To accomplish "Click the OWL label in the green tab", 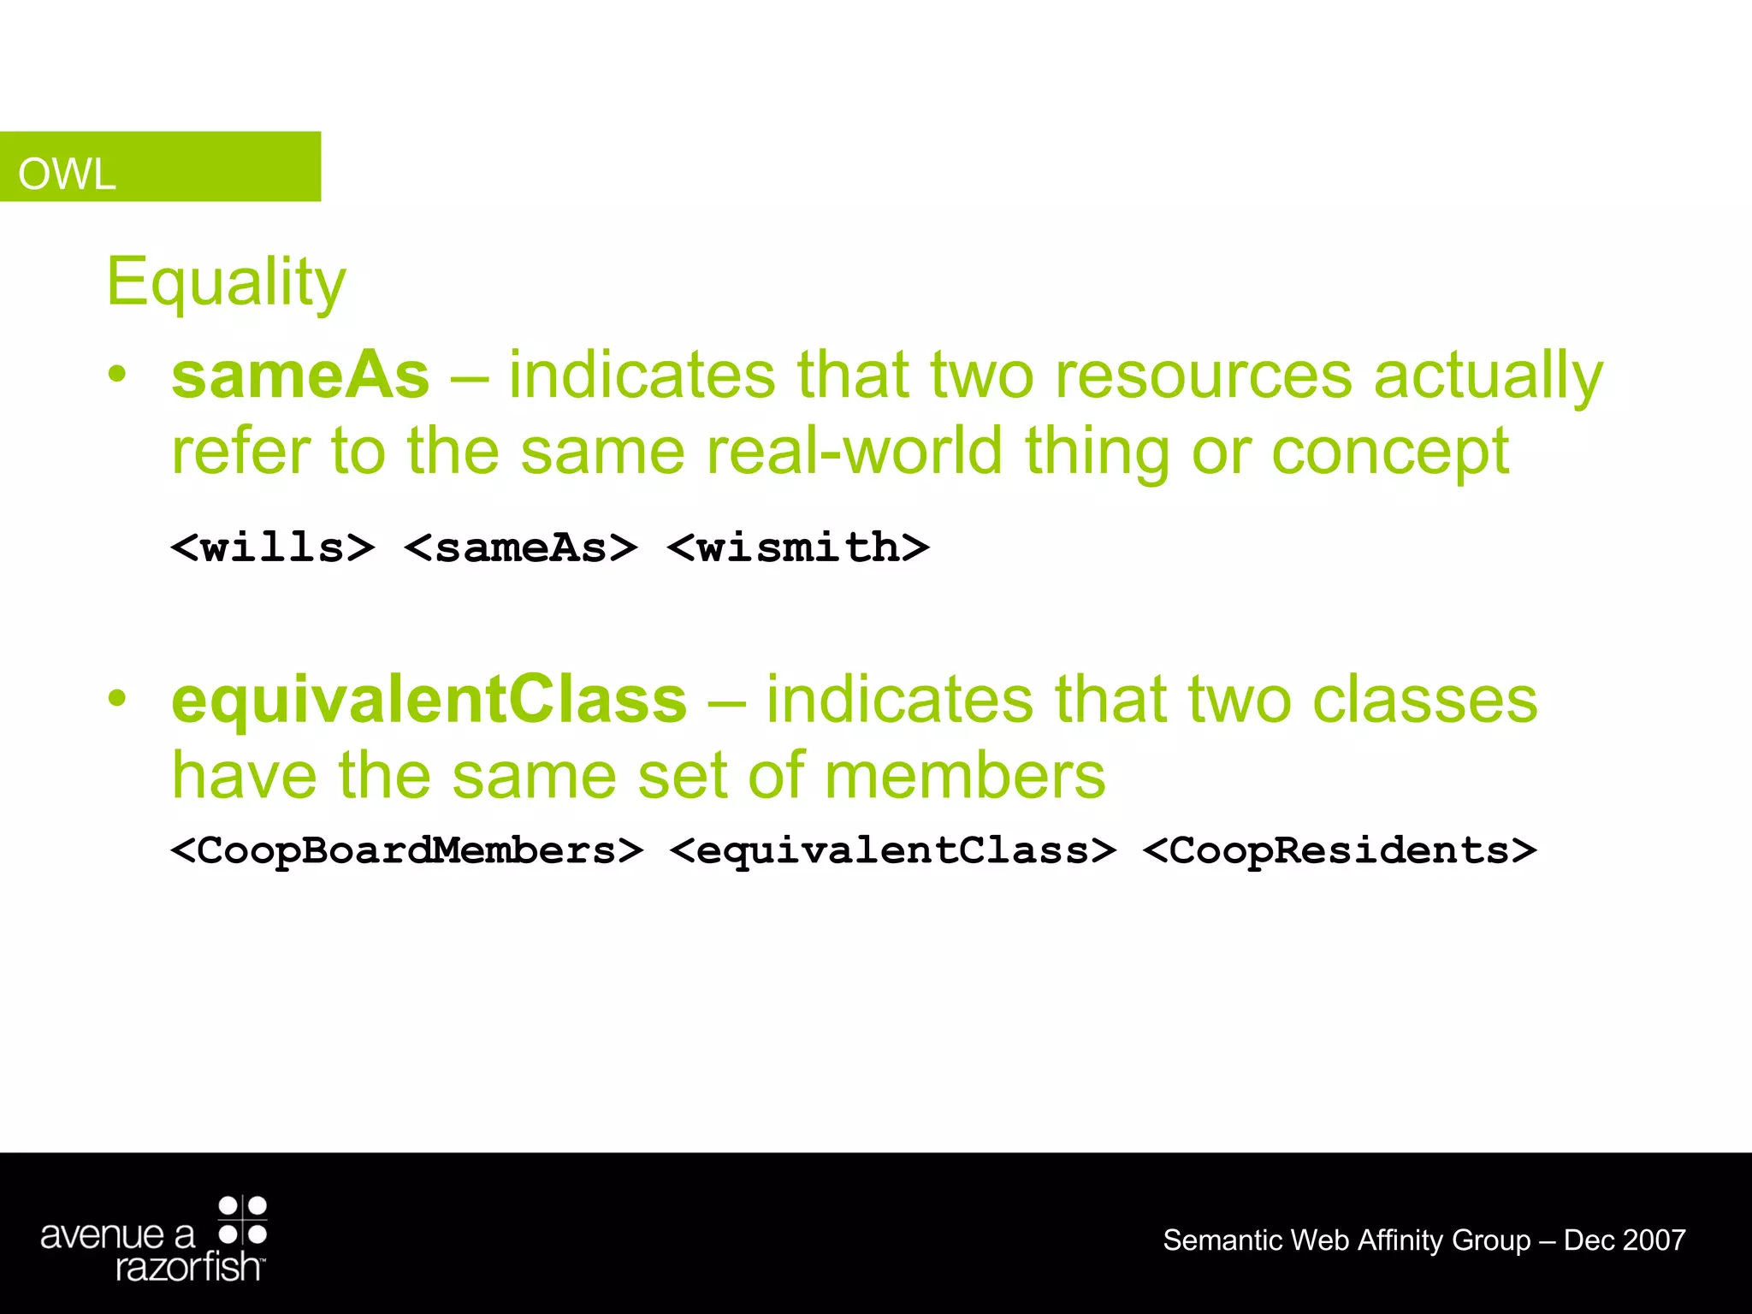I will click(x=67, y=175).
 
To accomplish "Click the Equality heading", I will click(x=226, y=282).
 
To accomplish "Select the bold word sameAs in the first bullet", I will click(x=300, y=376).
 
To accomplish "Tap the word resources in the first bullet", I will click(x=1203, y=376).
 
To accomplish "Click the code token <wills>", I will click(x=273, y=547).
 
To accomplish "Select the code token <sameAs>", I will click(x=521, y=547).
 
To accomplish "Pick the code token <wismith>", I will click(x=797, y=547).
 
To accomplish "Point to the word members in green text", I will click(x=965, y=775).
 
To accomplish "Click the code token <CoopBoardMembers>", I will click(x=406, y=850).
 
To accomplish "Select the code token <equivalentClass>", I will click(x=893, y=850).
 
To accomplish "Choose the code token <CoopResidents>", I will click(x=1340, y=850).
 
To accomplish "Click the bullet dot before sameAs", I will click(x=117, y=374).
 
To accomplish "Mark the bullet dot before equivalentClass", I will click(x=117, y=698).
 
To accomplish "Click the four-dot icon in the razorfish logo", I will click(x=243, y=1220).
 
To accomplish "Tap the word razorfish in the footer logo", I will click(x=187, y=1267).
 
